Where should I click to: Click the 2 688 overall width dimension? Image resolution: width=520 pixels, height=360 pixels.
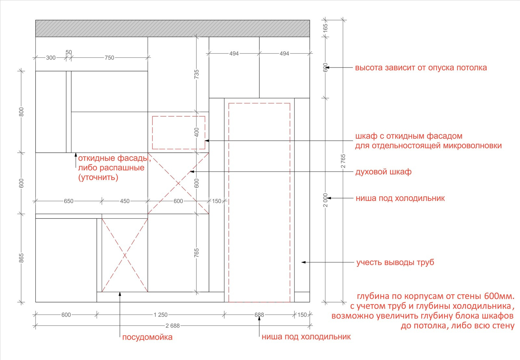click(x=173, y=326)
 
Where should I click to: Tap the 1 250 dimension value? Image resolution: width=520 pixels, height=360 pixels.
click(x=161, y=315)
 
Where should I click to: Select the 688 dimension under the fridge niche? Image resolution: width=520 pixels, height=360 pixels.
click(x=259, y=315)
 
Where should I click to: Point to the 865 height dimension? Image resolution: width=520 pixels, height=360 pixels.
click(x=21, y=258)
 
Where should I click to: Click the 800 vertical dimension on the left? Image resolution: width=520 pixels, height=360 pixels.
click(x=21, y=112)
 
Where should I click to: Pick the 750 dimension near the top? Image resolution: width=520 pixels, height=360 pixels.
click(x=109, y=58)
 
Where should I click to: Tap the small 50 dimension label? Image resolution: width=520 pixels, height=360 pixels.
click(x=69, y=52)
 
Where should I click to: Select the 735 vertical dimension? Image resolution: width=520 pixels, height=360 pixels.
click(x=196, y=74)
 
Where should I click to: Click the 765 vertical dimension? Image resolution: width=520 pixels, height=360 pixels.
click(x=196, y=253)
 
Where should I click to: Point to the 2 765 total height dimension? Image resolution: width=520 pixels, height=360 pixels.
click(x=343, y=161)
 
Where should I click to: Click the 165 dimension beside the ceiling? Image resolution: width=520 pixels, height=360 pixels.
click(x=325, y=28)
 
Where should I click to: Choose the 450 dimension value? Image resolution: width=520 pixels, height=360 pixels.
click(x=125, y=201)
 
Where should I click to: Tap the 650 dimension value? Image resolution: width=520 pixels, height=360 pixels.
click(x=69, y=201)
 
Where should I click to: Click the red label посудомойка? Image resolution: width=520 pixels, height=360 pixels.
click(x=147, y=337)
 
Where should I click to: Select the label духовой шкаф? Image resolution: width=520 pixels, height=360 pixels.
click(x=383, y=172)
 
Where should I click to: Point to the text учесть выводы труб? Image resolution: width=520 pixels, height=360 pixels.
click(x=395, y=262)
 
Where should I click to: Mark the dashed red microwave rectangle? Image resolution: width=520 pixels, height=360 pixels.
click(x=178, y=116)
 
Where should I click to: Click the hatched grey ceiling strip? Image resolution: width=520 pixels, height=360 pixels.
click(x=173, y=28)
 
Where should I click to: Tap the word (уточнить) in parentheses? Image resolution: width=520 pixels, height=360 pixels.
click(x=98, y=177)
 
